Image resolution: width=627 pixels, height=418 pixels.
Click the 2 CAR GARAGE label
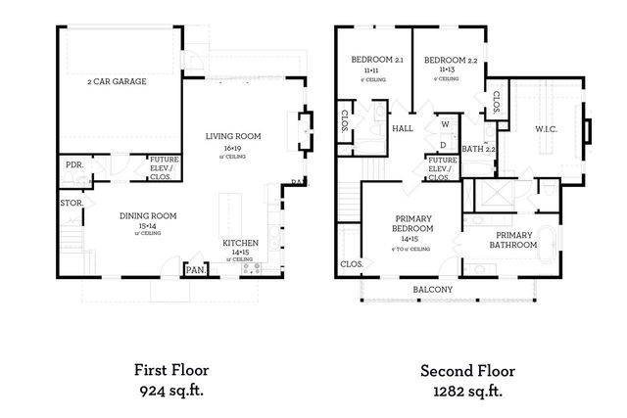tap(117, 81)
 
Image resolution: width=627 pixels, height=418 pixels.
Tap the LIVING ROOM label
tap(232, 136)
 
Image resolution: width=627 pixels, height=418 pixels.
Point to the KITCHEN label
tap(239, 242)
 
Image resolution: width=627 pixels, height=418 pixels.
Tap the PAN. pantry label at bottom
tap(195, 269)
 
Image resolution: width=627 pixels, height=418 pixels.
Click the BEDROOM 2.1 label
tap(376, 61)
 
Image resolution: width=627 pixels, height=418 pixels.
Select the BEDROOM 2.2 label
tap(451, 61)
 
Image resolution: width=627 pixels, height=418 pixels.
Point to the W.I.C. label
tap(547, 128)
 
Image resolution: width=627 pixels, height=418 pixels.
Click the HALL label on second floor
tap(403, 129)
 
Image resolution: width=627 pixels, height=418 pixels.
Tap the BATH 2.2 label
tap(477, 149)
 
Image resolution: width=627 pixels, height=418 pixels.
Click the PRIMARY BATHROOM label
tap(514, 240)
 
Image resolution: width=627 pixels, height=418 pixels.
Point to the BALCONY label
tap(432, 289)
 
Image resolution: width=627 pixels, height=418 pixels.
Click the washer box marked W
tap(443, 124)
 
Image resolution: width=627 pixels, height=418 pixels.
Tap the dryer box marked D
tap(443, 144)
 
